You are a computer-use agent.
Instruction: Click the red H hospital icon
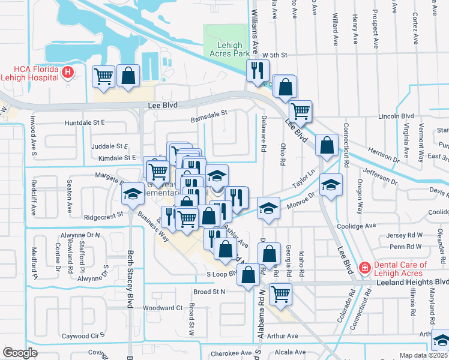coord(68,73)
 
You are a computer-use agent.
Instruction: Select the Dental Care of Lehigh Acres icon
coord(364,268)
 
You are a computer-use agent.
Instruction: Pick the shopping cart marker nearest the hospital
coord(104,76)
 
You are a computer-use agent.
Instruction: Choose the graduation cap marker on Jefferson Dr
coord(330,185)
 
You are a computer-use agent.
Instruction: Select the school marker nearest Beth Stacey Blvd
coord(133,193)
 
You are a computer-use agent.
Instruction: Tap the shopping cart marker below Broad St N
coord(280,294)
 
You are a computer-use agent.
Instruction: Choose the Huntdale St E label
coord(85,122)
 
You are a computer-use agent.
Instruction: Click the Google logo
coord(20,353)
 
